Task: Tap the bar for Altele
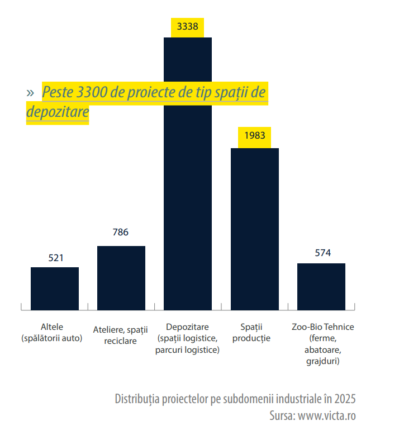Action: point(55,288)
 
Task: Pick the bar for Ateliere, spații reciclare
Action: point(121,277)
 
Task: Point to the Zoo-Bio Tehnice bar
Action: point(321,286)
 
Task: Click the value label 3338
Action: point(188,26)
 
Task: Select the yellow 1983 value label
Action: point(255,136)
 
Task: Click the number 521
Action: point(56,258)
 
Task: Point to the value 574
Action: point(323,253)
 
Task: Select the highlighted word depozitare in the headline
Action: point(58,112)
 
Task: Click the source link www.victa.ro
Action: point(327,415)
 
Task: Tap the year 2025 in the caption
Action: point(345,399)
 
